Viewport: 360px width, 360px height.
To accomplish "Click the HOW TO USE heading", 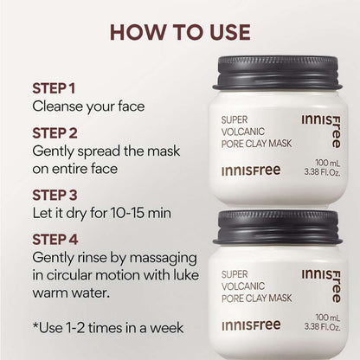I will [179, 33].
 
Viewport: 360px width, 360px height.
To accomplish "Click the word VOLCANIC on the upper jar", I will [238, 133].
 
